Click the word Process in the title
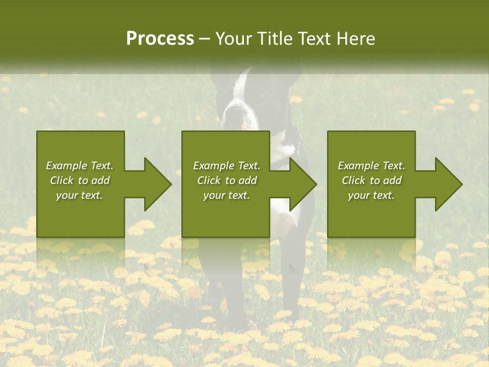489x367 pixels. tap(160, 39)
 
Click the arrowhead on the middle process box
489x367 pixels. tap(301, 184)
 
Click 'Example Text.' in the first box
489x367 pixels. tap(79, 166)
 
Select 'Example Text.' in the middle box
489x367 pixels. tap(227, 166)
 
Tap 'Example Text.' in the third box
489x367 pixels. tap(371, 166)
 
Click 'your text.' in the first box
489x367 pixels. tap(79, 195)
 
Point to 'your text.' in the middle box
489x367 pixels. tap(227, 195)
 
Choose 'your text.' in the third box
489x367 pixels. tap(371, 195)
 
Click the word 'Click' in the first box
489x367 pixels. tap(62, 180)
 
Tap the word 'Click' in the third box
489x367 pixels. tap(354, 180)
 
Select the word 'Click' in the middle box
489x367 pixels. tap(209, 180)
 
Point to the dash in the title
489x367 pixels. tap(205, 39)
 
